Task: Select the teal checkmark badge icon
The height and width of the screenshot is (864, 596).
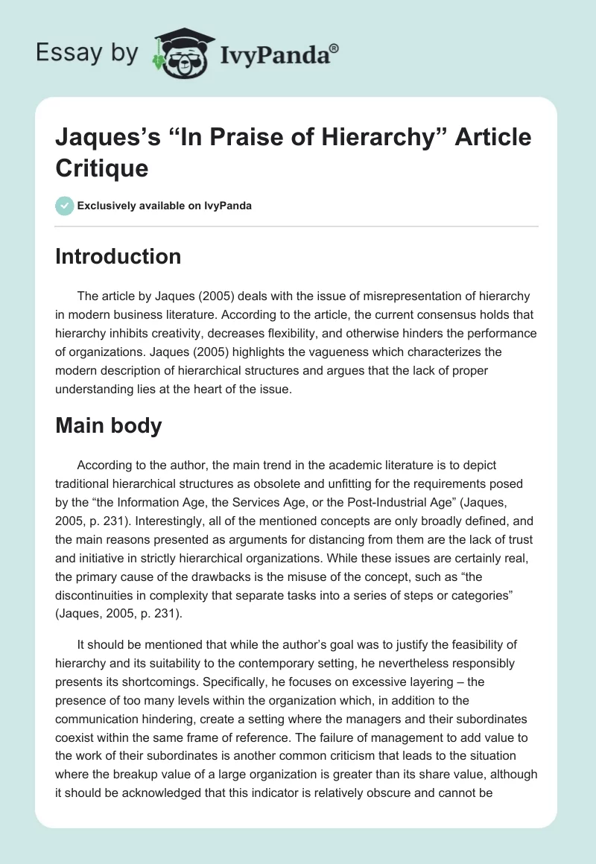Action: point(64,206)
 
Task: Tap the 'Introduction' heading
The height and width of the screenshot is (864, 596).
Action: point(118,257)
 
